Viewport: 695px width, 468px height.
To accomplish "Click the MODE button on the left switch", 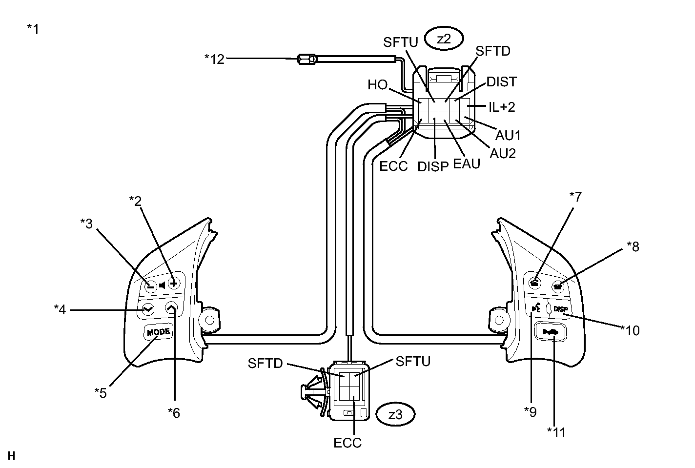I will (158, 332).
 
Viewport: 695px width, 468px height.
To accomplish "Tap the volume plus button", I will (173, 283).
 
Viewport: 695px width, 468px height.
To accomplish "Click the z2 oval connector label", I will (444, 40).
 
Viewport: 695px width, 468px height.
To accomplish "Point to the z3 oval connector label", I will (395, 415).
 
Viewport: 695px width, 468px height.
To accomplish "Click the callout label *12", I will (214, 59).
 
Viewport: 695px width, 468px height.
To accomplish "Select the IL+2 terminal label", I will (502, 106).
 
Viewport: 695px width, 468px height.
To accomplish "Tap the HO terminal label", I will (377, 85).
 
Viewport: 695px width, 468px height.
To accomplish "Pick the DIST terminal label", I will (501, 81).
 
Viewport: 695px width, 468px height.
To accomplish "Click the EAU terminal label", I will (467, 163).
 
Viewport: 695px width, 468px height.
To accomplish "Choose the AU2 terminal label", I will (503, 153).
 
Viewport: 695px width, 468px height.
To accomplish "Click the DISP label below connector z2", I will (432, 166).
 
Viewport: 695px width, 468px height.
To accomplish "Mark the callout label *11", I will (556, 432).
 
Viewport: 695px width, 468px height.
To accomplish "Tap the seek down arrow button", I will (147, 309).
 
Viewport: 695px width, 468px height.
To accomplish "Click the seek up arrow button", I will (170, 307).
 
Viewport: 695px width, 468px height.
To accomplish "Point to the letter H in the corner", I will (12, 456).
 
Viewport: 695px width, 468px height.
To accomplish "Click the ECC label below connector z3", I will (347, 443).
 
